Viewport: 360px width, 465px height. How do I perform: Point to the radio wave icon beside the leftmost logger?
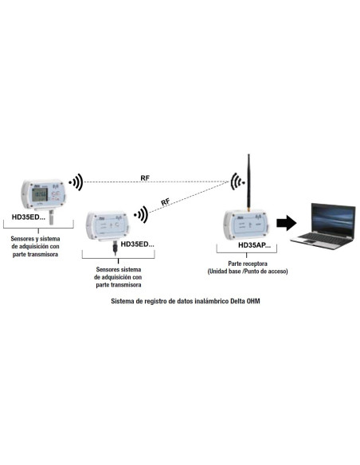(76, 182)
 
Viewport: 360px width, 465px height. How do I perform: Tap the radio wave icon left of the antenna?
(237, 182)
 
